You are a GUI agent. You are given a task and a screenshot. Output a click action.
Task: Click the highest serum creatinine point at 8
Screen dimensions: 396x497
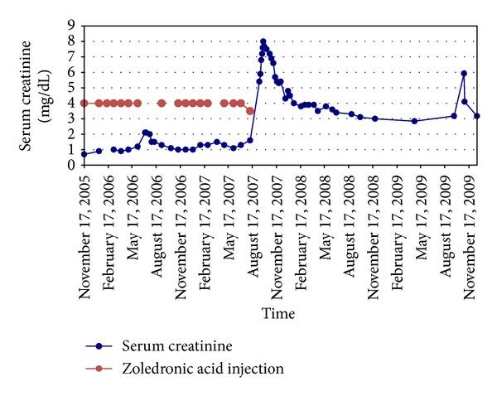[263, 41]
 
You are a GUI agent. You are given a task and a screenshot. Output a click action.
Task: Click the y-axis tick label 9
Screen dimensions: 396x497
[72, 26]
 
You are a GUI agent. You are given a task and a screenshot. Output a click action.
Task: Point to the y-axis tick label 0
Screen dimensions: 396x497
[72, 164]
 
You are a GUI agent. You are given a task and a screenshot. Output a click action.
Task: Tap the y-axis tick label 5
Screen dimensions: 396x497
[72, 87]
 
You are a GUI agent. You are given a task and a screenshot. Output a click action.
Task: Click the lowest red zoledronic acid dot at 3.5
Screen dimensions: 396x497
[250, 110]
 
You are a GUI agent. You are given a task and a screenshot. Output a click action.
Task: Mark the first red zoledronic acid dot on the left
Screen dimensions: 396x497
[84, 103]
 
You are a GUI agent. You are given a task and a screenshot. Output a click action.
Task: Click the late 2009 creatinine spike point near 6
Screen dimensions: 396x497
[464, 74]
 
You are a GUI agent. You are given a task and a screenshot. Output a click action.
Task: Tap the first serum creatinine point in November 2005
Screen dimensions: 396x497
[84, 154]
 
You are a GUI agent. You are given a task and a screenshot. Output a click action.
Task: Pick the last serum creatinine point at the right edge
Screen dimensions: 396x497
[477, 116]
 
